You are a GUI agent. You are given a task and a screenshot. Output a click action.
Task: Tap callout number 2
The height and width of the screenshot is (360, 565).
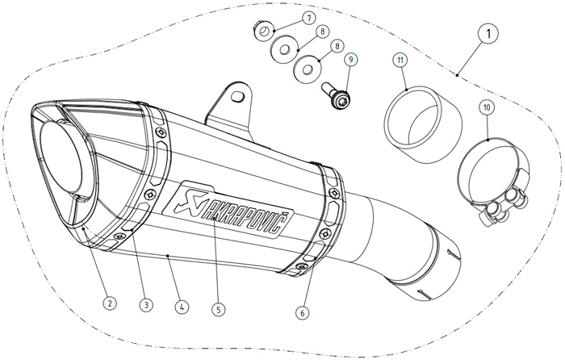[110, 303]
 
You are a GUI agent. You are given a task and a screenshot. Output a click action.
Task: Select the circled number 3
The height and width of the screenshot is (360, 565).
[145, 305]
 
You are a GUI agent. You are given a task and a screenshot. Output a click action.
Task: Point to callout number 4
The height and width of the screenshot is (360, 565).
[181, 307]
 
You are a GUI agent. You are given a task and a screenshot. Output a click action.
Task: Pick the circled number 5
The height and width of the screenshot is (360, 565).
[217, 308]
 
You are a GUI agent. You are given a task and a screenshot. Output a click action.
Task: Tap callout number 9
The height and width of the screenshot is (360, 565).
[350, 59]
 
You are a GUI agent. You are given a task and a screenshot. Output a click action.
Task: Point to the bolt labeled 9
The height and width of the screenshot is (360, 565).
[336, 96]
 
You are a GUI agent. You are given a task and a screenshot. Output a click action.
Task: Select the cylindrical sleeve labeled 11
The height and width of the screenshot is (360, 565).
[418, 124]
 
